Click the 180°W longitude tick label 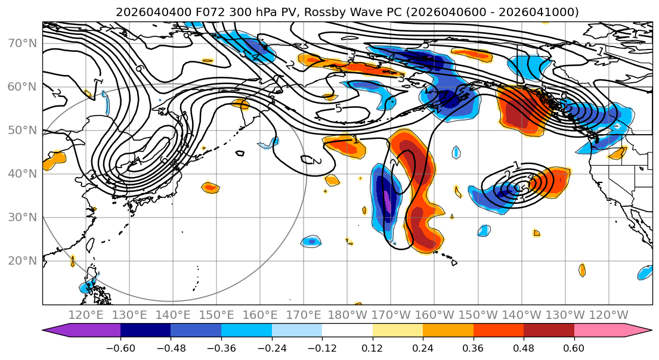[x=348, y=315]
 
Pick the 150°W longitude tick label [x=478, y=315]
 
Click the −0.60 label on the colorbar [x=120, y=347]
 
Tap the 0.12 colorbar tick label [x=372, y=347]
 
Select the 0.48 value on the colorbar [x=524, y=347]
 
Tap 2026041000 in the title [x=543, y=12]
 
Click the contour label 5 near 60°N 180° [x=339, y=108]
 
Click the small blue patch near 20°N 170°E [x=311, y=241]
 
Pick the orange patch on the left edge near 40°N [x=54, y=160]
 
